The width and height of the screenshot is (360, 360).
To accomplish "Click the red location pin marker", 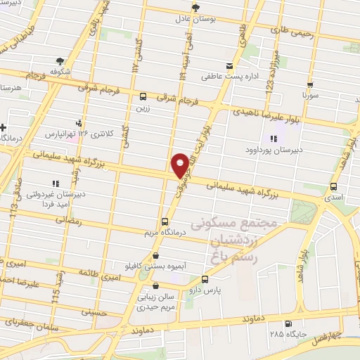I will (181, 165).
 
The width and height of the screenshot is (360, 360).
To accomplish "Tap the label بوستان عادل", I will (194, 20).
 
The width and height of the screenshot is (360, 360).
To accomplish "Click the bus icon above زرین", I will (143, 97).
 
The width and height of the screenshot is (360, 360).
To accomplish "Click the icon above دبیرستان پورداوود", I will (274, 138).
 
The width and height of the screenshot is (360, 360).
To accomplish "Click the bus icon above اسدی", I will (333, 187).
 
